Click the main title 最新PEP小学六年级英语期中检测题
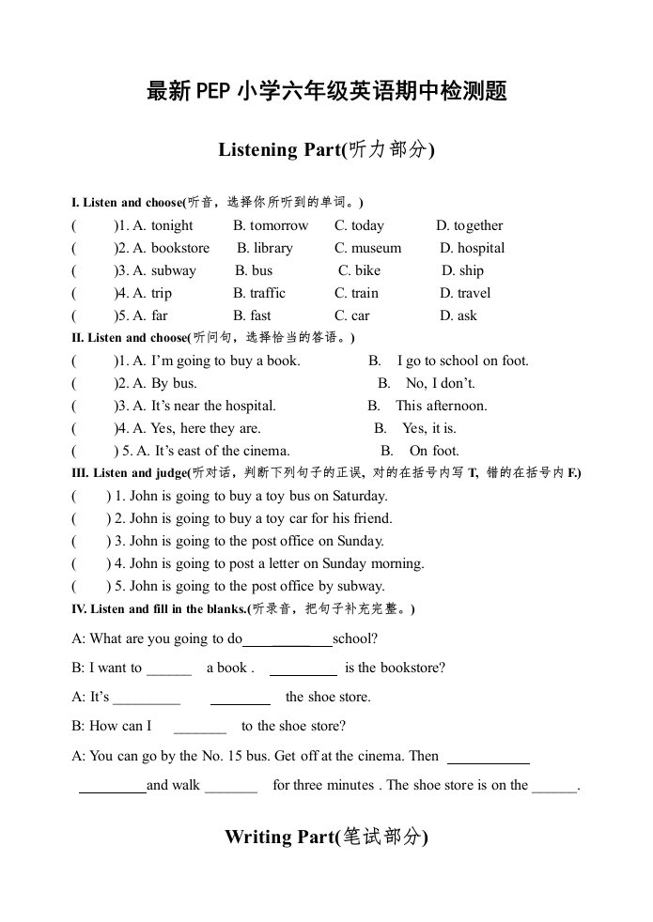coord(327,91)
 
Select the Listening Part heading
coord(326,149)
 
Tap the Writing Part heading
coord(326,837)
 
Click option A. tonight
coord(163,225)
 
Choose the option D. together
coord(469,225)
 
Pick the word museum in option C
coord(376,248)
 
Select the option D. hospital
coord(472,248)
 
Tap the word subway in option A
coord(174,270)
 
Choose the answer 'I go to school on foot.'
coord(462,361)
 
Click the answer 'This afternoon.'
coord(441,406)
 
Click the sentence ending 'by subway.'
coord(244,586)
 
